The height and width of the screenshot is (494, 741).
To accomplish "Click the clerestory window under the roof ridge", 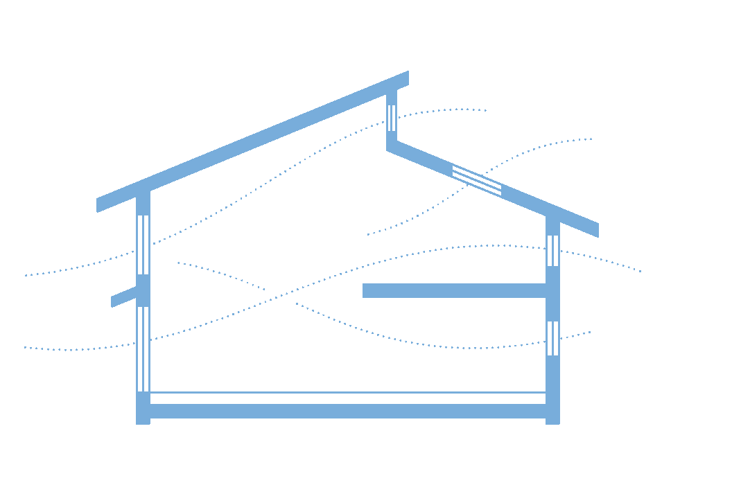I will pos(392,118).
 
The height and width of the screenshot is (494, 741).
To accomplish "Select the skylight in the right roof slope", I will pos(477,180).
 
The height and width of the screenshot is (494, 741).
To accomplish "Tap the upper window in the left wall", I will pos(143,245).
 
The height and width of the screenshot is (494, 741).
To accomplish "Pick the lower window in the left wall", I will pos(143,349).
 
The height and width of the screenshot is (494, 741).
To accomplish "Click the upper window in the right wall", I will pos(552,251).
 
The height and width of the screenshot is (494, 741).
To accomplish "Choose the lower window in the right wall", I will pos(552,338).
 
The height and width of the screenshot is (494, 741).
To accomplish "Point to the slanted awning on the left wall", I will pos(125,297).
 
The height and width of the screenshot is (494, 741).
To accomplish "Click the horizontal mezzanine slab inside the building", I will pos(454,290).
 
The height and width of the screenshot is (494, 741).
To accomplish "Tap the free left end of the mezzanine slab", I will pos(365,290).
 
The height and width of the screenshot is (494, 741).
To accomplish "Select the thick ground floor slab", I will pos(347,411).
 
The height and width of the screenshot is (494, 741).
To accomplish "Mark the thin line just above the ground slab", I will pos(347,393).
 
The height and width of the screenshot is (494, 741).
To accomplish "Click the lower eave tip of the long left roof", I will pos(99,205).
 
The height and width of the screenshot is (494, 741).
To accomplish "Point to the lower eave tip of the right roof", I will pos(596,231).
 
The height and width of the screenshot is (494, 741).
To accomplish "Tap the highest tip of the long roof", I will pos(406,77).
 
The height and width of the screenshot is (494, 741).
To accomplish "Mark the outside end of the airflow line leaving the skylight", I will pos(591,139).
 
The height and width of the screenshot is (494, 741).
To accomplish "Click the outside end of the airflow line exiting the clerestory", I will pos(486,110).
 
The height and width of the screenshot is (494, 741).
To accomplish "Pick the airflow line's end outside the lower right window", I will pos(591,332).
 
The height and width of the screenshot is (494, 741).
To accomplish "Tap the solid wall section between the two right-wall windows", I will pos(552,294).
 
